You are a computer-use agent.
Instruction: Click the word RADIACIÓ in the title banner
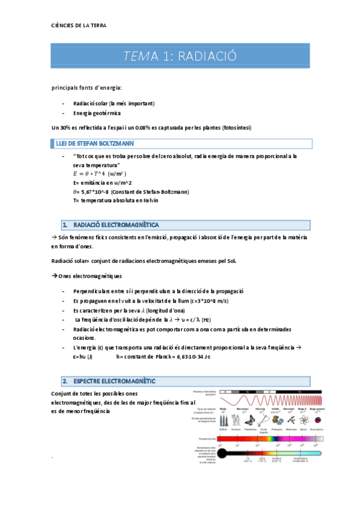[207, 57]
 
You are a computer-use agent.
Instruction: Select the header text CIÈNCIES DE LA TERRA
[79, 25]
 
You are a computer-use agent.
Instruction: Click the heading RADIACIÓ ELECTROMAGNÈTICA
[115, 224]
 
